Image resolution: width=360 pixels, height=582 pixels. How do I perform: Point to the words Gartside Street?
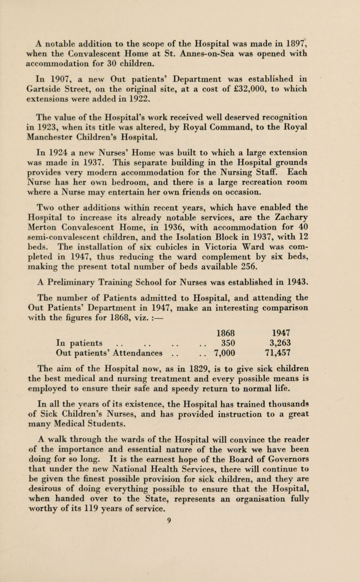point(57,64)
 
